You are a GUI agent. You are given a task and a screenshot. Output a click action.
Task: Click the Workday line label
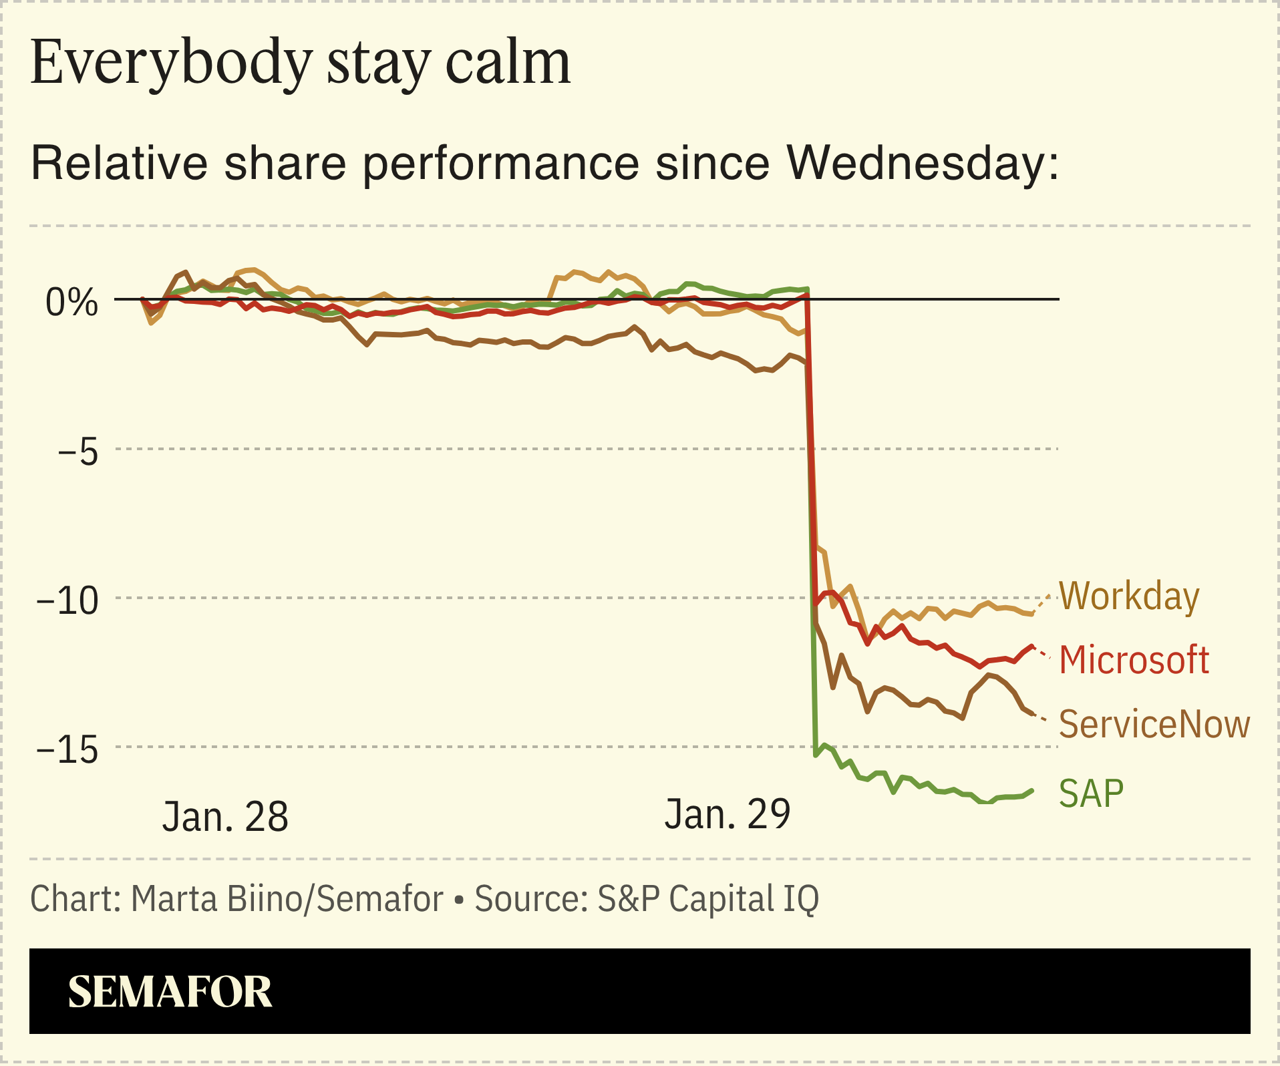[x=1129, y=596]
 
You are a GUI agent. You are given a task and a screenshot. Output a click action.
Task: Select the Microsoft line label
[x=1134, y=660]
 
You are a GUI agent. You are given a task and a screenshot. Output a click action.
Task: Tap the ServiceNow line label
[x=1154, y=724]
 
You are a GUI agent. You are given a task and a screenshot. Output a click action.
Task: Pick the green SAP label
[x=1091, y=793]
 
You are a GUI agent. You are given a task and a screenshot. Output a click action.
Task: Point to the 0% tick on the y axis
[x=71, y=303]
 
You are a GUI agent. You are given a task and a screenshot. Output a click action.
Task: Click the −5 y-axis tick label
[x=77, y=452]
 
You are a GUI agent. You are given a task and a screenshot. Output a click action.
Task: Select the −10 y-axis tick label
[x=67, y=600]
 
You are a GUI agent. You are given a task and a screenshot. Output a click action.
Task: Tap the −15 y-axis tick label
[x=67, y=749]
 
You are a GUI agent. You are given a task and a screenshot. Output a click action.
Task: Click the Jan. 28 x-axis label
[x=225, y=816]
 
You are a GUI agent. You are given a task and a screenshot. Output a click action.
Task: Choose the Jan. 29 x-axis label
[x=727, y=814]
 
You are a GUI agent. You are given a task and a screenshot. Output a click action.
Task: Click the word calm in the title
[x=508, y=63]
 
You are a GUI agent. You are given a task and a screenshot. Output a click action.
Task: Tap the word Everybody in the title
[x=171, y=63]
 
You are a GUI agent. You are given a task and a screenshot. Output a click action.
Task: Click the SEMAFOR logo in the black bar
[x=170, y=992]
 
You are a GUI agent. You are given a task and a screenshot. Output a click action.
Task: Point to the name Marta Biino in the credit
[x=216, y=898]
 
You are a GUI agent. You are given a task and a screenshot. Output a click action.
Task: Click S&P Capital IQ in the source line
[x=707, y=898]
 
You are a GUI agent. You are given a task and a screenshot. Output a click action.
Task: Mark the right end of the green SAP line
[x=1033, y=791]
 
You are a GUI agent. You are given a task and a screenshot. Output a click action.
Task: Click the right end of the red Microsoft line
[x=1033, y=647]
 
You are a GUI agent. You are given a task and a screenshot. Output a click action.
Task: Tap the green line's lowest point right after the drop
[x=816, y=755]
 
